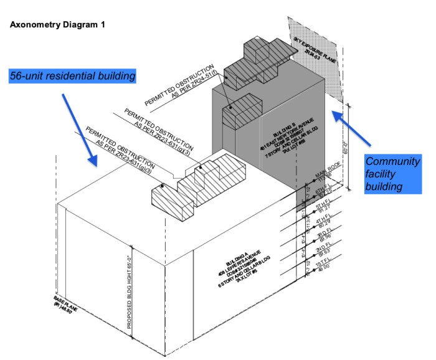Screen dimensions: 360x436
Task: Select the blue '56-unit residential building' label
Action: (73, 76)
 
